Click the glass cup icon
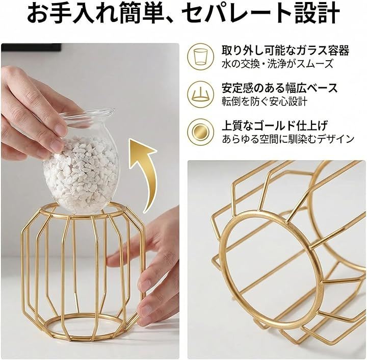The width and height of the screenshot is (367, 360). click(200, 57)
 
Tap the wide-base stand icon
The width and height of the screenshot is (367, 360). click(200, 94)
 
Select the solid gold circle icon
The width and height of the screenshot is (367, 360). click(200, 132)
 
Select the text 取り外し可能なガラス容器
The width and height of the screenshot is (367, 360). click(285, 50)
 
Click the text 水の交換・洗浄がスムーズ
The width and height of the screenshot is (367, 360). click(277, 64)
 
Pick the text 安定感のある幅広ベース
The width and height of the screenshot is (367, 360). click(280, 88)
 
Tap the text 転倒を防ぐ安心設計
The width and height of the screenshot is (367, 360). click(265, 101)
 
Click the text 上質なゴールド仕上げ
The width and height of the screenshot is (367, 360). click(275, 125)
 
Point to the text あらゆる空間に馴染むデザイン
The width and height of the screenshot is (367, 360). click(288, 139)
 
